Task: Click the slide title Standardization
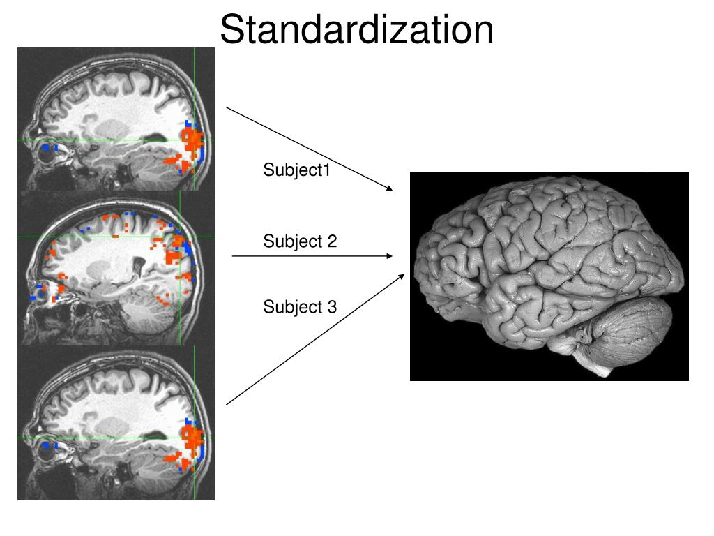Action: pos(356,30)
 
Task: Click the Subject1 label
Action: pos(296,170)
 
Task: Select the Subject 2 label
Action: pos(300,241)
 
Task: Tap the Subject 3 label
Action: pos(300,306)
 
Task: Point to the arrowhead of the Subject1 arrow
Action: pos(390,189)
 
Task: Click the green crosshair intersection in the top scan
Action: pos(194,140)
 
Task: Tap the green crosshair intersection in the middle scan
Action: pos(180,237)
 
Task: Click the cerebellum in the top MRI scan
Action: pos(150,167)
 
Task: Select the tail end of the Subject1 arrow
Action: pos(227,107)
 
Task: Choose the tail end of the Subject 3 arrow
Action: pos(227,404)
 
